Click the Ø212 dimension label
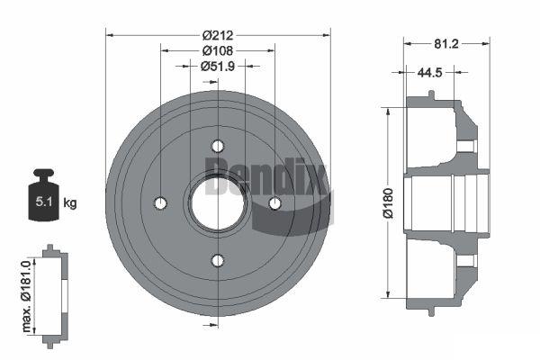pyautogui.click(x=218, y=35)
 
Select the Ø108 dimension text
pyautogui.click(x=218, y=50)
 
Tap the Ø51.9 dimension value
pyautogui.click(x=218, y=66)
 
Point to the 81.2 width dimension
pyautogui.click(x=446, y=44)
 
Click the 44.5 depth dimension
pyautogui.click(x=429, y=72)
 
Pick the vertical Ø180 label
pyautogui.click(x=388, y=203)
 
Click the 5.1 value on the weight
pyautogui.click(x=44, y=202)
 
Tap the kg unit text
pyautogui.click(x=70, y=203)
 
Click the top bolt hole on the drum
pyautogui.click(x=218, y=146)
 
